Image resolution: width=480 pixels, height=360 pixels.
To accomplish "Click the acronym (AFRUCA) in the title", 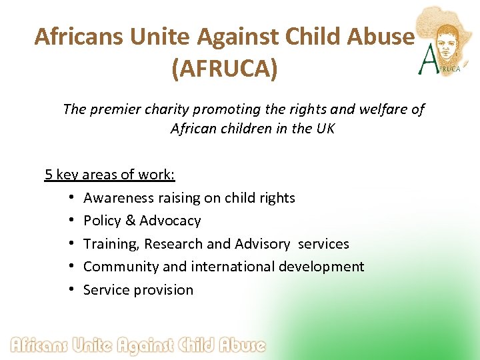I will (224, 69).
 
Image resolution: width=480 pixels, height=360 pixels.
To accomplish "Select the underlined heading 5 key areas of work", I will (110, 175).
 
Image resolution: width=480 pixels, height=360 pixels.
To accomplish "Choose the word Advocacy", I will (170, 221).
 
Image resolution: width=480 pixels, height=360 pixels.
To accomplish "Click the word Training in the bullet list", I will (110, 244).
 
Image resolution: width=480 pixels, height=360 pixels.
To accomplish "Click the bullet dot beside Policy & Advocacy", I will (71, 221).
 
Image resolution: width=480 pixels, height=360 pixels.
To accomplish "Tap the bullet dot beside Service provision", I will (71, 290).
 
